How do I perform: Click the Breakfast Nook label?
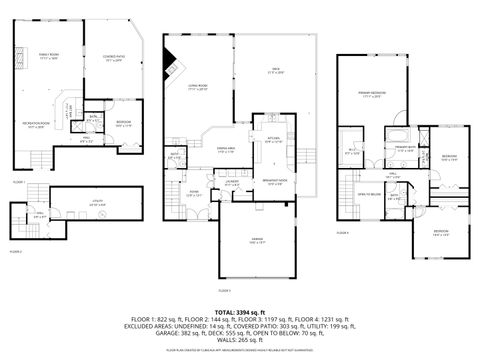(277, 183)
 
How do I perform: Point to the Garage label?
(257, 240)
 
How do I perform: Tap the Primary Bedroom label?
(372, 94)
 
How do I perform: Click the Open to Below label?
(371, 193)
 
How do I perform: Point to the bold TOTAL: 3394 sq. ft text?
(239, 312)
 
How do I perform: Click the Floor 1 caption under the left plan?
(19, 182)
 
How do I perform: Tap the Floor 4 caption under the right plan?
(342, 232)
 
